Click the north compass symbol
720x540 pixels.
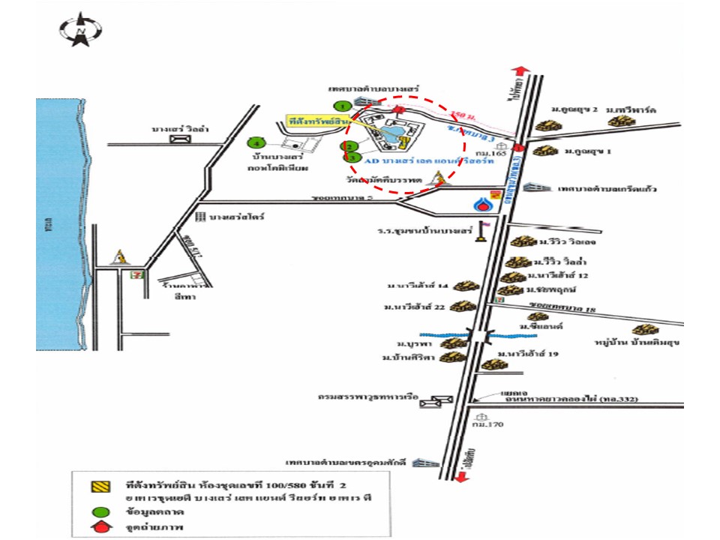coord(80,29)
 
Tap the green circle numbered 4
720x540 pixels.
coord(256,142)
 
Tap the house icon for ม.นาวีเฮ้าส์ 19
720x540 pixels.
coord(493,365)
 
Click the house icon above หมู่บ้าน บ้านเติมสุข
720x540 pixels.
coord(643,330)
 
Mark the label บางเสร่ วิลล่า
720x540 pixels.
coord(181,130)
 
